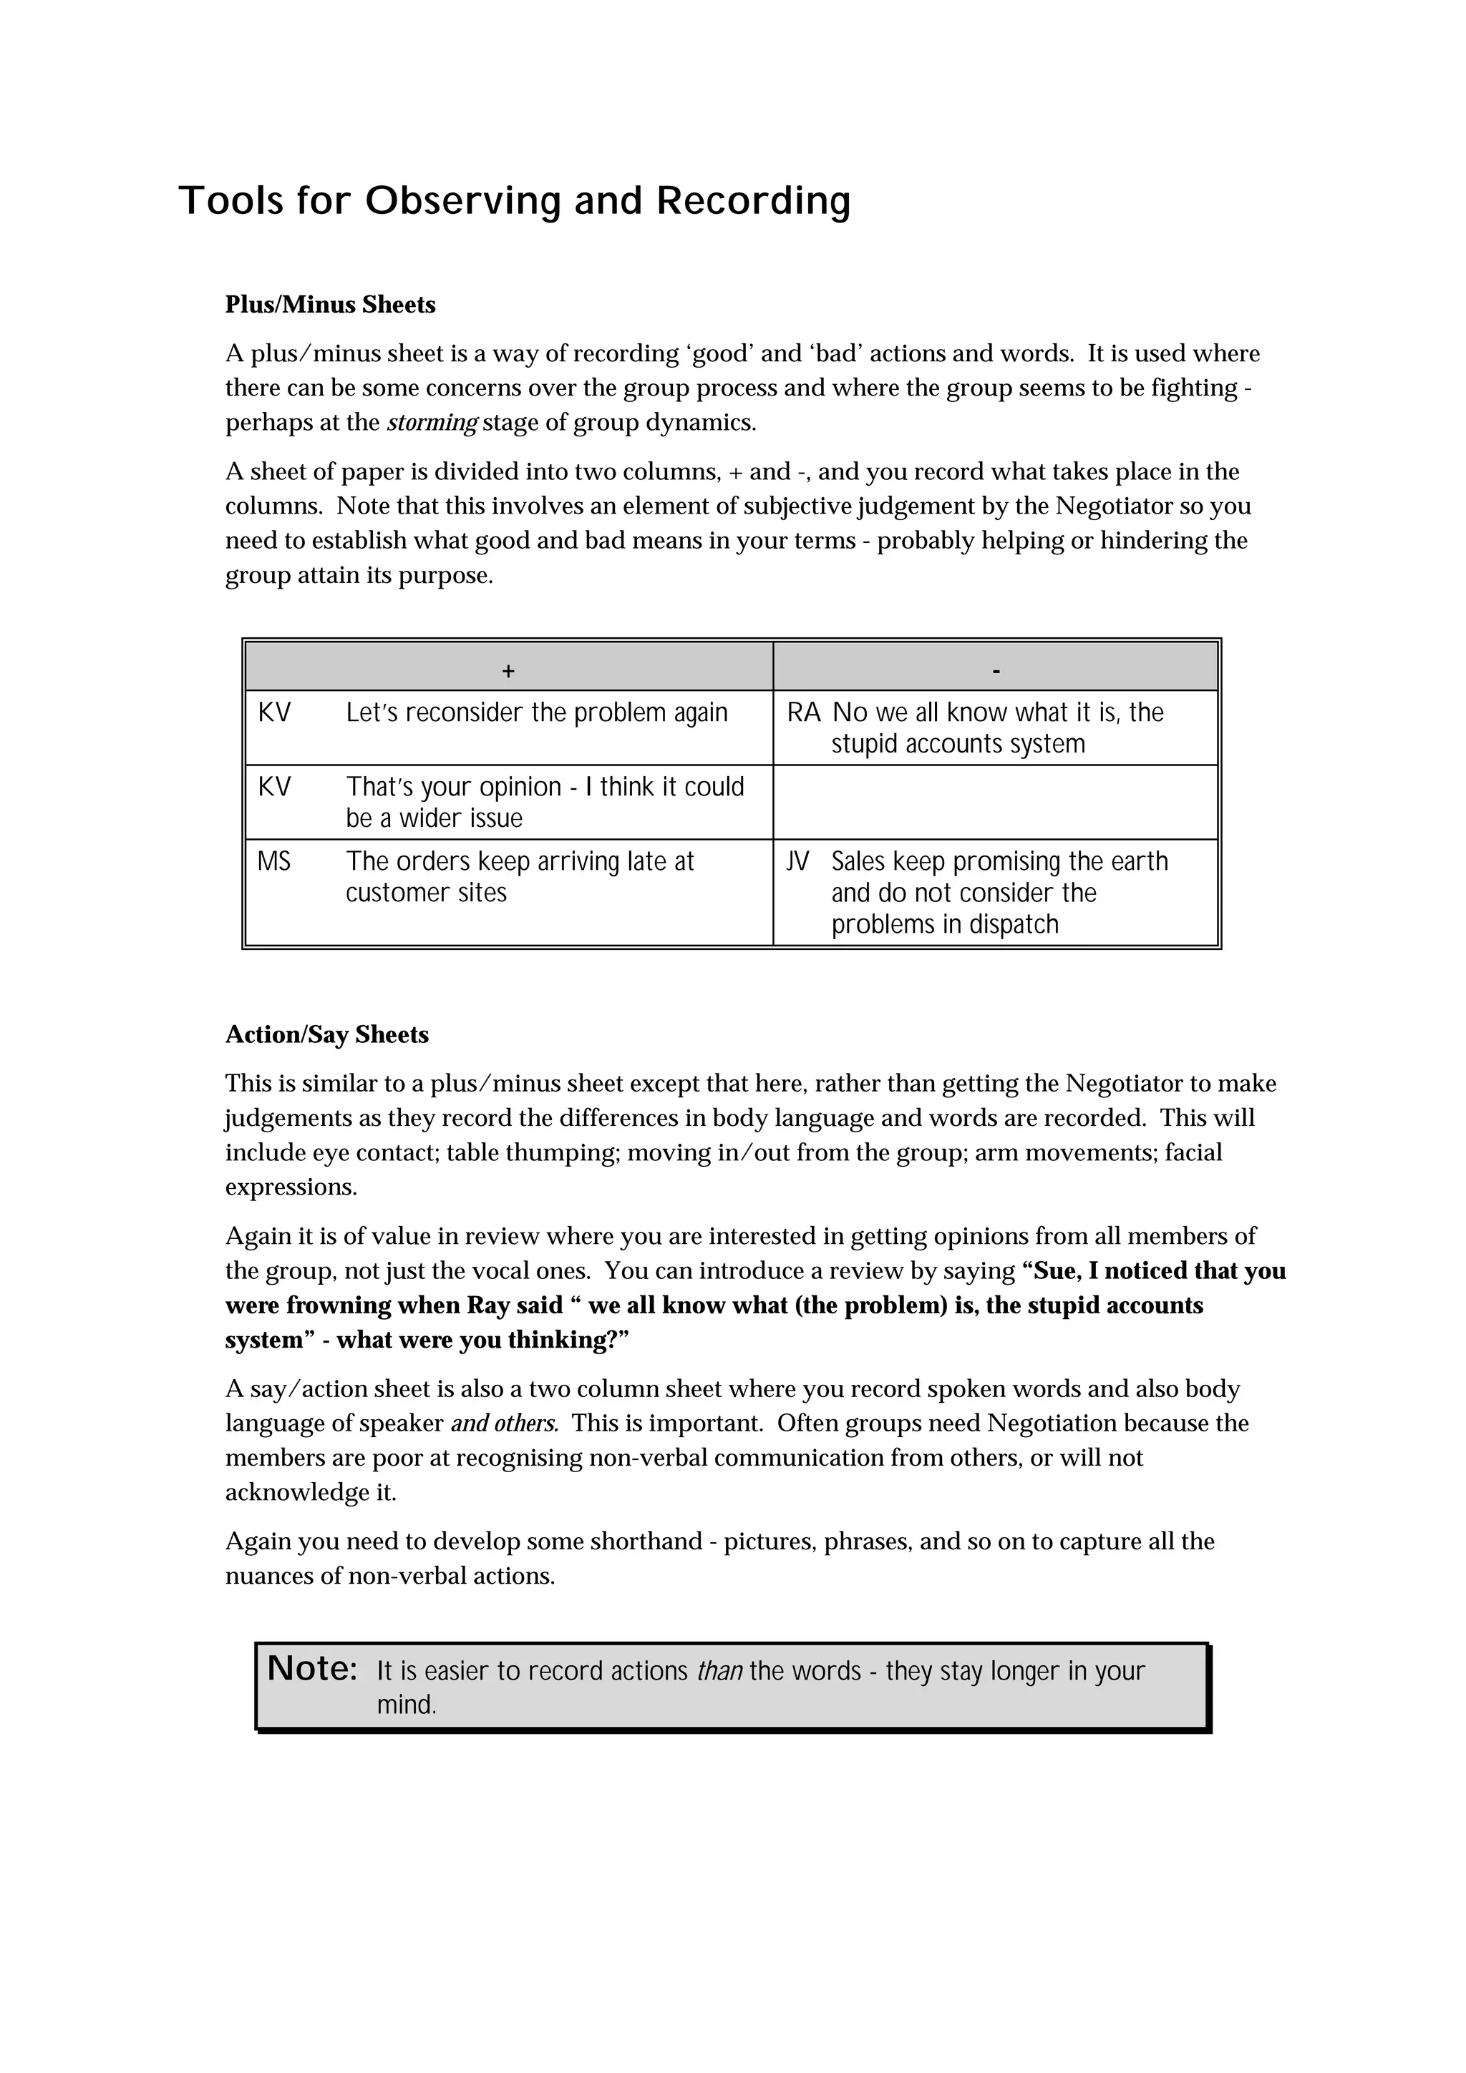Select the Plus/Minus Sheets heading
pos(330,305)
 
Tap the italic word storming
pos(432,423)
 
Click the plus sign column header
pos(508,671)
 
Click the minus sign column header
pos(996,671)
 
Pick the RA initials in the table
pos(803,713)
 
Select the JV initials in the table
pos(797,861)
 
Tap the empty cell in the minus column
pos(996,802)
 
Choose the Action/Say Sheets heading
pos(327,1034)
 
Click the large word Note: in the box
pos(313,1669)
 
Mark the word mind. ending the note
pos(407,1705)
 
